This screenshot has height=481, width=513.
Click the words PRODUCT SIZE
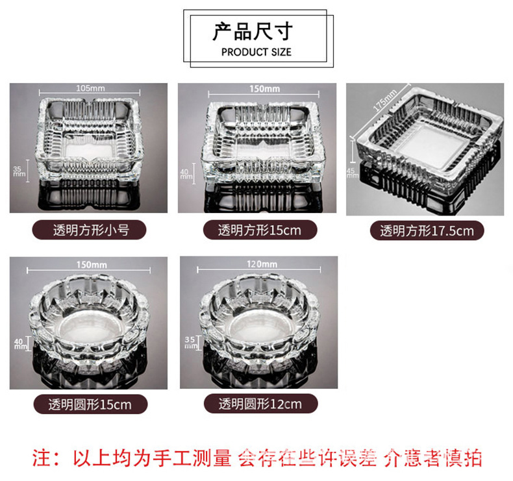point(256,52)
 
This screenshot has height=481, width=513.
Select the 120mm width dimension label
point(262,264)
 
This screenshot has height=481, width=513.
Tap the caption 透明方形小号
point(90,229)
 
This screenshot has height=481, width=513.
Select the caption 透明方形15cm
point(259,230)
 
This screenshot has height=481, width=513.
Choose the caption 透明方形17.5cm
point(427,230)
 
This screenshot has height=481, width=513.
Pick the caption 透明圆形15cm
point(90,404)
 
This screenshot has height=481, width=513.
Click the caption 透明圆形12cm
point(260,404)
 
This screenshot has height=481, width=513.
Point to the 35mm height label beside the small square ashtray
point(17,170)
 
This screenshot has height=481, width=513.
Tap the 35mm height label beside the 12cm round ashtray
point(190,343)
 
